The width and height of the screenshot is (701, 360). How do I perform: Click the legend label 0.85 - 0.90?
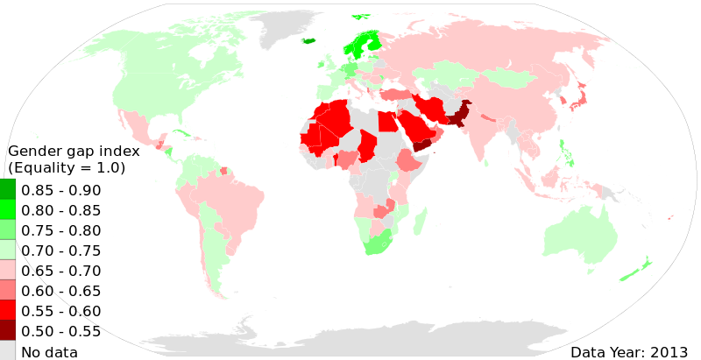(x=60, y=191)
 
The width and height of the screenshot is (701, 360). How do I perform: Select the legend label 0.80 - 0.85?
(x=60, y=211)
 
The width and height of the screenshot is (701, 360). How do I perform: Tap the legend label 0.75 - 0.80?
(x=60, y=231)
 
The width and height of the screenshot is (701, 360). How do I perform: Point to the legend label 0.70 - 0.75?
(x=60, y=251)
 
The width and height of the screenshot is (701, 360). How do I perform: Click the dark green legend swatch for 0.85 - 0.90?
(x=7, y=190)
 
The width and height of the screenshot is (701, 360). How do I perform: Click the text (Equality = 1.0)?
(x=67, y=168)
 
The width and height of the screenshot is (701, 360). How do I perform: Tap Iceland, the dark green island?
(x=308, y=40)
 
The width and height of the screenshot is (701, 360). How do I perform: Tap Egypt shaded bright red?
(x=386, y=121)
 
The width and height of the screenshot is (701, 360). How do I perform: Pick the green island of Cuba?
(x=182, y=132)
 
